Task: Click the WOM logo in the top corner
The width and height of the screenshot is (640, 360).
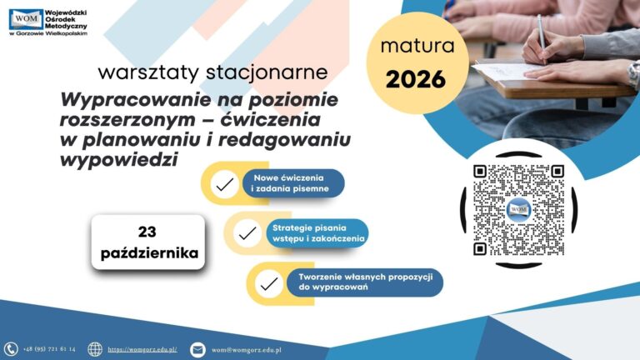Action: (26, 19)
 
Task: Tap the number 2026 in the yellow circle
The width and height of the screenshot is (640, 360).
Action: (416, 79)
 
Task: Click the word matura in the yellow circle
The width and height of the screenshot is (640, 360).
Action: (417, 46)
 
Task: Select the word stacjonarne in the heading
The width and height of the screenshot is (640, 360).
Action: (267, 72)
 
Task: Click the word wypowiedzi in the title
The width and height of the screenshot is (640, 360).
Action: (119, 159)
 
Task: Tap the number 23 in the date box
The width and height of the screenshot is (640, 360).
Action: (147, 232)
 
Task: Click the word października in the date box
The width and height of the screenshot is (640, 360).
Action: (149, 253)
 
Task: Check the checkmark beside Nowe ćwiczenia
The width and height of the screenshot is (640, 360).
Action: (224, 184)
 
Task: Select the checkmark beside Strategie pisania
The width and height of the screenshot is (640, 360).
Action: (247, 233)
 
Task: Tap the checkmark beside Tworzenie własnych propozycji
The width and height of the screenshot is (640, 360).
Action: (269, 283)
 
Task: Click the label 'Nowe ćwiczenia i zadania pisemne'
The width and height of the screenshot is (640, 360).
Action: (291, 183)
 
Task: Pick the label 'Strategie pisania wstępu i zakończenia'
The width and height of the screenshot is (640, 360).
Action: (318, 233)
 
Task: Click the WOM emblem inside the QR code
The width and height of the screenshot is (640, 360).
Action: (518, 210)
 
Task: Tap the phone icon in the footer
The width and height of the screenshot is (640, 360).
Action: (11, 349)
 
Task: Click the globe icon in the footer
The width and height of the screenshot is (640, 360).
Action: (95, 349)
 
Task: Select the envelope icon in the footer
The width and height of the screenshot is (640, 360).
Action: (197, 350)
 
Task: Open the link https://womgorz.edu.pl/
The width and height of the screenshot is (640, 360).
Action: (142, 349)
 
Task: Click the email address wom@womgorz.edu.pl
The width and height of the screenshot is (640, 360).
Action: (246, 350)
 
